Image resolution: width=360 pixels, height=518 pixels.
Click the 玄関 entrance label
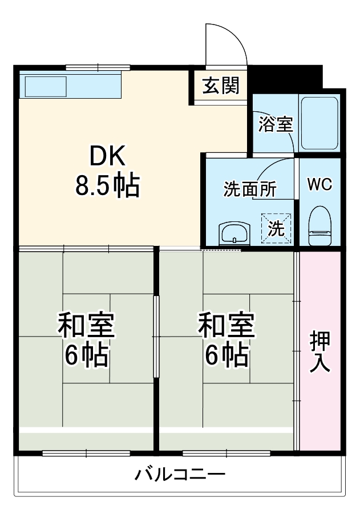220,87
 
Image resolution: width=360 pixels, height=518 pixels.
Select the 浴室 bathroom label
276,124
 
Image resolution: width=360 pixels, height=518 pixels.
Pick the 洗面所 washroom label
250,189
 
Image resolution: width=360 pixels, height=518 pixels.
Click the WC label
319,185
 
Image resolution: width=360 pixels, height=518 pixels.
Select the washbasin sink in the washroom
234,233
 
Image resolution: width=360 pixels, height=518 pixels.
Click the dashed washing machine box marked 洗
276,228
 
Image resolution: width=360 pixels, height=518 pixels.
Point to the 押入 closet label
319,351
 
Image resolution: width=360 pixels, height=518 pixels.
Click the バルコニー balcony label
180,475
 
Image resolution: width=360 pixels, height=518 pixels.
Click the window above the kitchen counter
98,68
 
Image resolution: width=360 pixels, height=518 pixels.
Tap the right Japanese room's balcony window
226,454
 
